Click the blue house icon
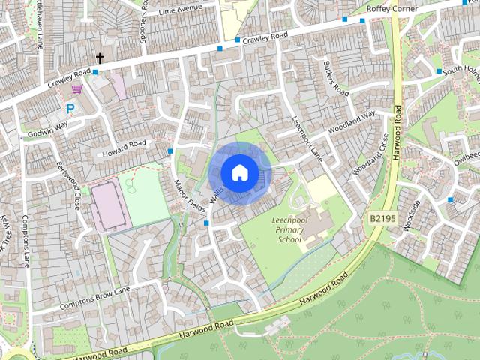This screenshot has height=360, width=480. [x=239, y=172]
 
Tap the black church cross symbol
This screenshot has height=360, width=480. [x=100, y=58]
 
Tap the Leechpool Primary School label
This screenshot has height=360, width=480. [x=289, y=229]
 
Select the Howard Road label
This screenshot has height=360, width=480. [x=125, y=145]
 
